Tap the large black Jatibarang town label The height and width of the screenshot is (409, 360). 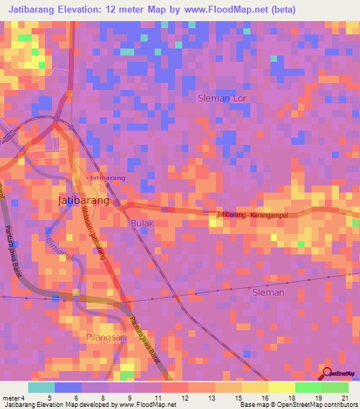point(82,200)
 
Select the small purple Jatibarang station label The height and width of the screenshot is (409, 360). point(107,178)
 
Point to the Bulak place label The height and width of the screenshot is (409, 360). point(141,223)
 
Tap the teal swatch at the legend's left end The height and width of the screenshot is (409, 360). point(41,387)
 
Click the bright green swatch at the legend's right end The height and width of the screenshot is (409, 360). point(335,387)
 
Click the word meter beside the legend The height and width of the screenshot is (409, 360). point(13,398)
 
